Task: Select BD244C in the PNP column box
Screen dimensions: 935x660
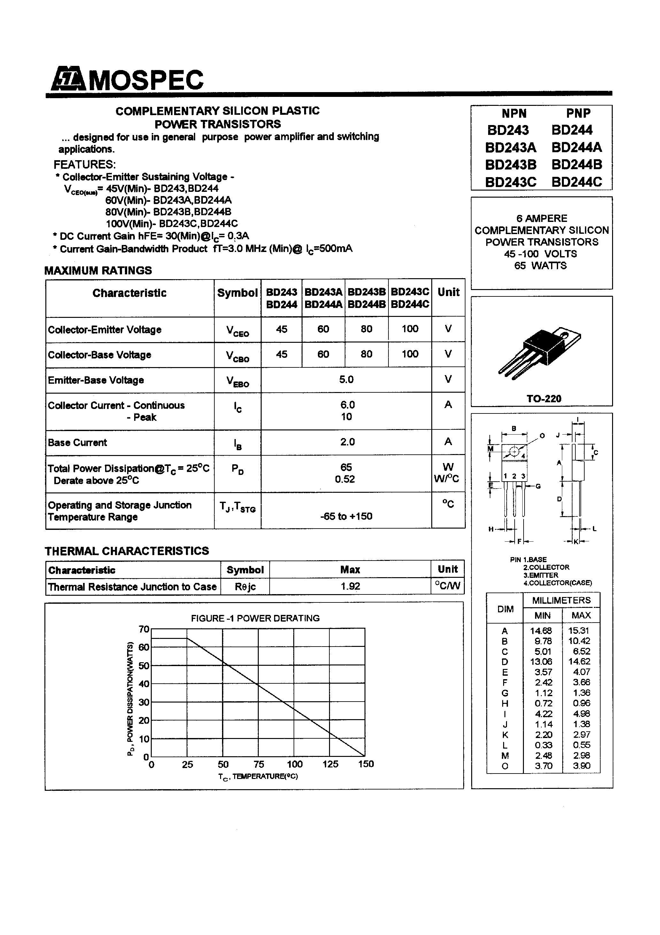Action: coord(577,182)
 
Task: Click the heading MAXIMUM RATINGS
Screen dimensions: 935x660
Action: coord(98,271)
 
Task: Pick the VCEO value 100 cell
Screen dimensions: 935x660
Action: coord(410,329)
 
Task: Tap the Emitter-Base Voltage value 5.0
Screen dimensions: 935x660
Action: coord(346,380)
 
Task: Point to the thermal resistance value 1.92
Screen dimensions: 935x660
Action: coord(350,586)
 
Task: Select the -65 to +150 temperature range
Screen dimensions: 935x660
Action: coord(346,516)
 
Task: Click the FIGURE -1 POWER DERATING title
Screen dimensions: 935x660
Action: coord(255,618)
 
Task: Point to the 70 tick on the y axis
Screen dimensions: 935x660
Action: coord(144,630)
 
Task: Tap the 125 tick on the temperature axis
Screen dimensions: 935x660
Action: coord(330,764)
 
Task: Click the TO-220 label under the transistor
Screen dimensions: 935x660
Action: coord(544,399)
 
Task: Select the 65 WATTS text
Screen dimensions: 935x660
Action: coord(541,265)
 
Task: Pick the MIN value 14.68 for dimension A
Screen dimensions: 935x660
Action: coord(541,631)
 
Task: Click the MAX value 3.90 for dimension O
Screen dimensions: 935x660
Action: coord(581,766)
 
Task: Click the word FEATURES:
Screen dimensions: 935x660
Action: coord(85,165)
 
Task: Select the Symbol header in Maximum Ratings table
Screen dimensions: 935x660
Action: coord(237,293)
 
